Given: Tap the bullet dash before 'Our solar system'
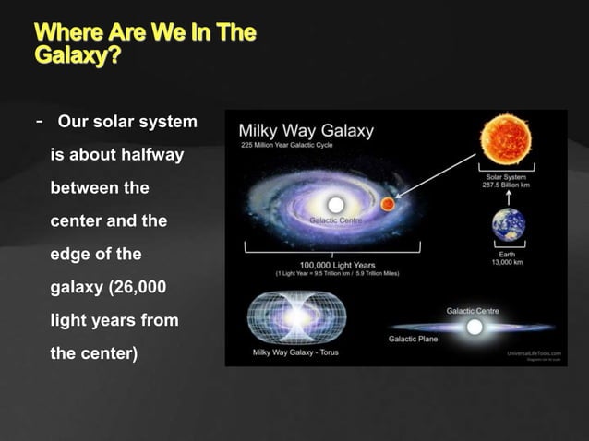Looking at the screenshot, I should coord(39,122).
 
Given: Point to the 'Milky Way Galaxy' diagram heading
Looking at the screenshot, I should coord(307,130).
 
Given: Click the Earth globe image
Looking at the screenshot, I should coord(508,224).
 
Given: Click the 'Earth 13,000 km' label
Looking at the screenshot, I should coord(508,257).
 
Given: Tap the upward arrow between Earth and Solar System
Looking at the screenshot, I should coord(508,197).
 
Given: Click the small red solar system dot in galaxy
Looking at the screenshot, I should coord(388,203).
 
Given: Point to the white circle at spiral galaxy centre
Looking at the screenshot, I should coord(335,203).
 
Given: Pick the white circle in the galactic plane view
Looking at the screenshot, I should coord(475,327).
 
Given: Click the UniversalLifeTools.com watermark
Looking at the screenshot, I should coord(534,352).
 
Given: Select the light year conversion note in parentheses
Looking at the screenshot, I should coord(332,274).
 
